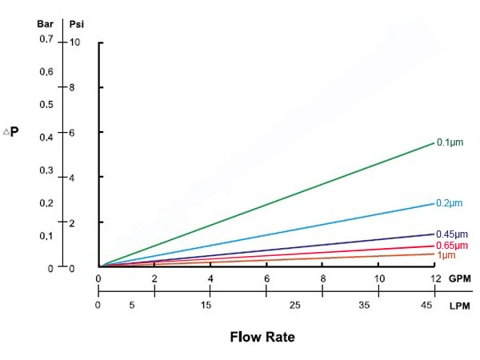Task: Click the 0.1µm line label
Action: click(x=449, y=142)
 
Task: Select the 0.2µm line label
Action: click(x=449, y=202)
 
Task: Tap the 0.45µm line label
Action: click(x=450, y=234)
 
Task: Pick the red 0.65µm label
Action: click(x=450, y=245)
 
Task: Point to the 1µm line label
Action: click(x=445, y=255)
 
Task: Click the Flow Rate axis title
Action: click(x=262, y=337)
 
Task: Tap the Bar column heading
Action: click(x=46, y=23)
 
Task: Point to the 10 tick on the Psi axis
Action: click(x=74, y=42)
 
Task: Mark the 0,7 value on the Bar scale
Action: click(x=46, y=40)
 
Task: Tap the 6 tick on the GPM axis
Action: click(x=266, y=279)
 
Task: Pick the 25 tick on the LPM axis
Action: click(x=294, y=306)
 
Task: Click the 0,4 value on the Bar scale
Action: click(x=46, y=138)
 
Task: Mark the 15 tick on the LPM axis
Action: click(x=206, y=306)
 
